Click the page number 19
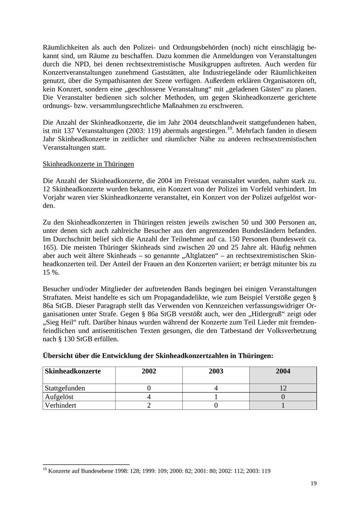pyautogui.click(x=313, y=483)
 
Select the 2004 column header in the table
pyautogui.click(x=283, y=371)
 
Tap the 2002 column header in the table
pyautogui.click(x=149, y=371)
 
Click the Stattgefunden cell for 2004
pyautogui.click(x=283, y=388)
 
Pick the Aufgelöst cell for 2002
pyautogui.click(x=149, y=397)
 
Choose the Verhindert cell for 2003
pyautogui.click(x=216, y=405)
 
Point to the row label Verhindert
pyautogui.click(x=60, y=405)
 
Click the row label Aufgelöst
pyautogui.click(x=59, y=397)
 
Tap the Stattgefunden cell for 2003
pyautogui.click(x=216, y=388)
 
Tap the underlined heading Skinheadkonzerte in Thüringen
pyautogui.click(x=88, y=164)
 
